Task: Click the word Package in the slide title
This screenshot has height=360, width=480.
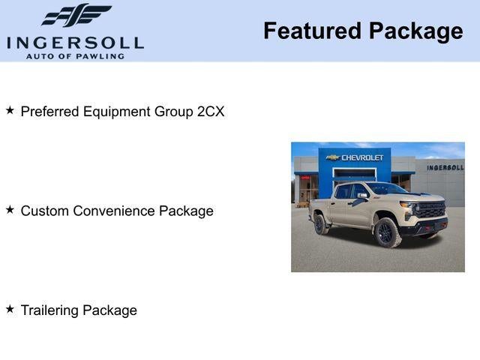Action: pos(415,31)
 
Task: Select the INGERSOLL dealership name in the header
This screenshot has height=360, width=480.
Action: pos(75,42)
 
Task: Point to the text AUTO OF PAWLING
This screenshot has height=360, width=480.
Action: pos(75,56)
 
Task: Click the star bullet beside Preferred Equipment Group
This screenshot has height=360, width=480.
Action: pos(10,110)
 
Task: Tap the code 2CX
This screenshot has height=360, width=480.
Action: pos(210,112)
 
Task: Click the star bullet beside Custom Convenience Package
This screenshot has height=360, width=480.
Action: pos(10,210)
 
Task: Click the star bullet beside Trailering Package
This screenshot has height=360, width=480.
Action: pos(10,309)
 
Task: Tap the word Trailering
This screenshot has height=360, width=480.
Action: pos(49,310)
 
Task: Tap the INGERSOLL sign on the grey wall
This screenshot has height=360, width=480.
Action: pos(445,167)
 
